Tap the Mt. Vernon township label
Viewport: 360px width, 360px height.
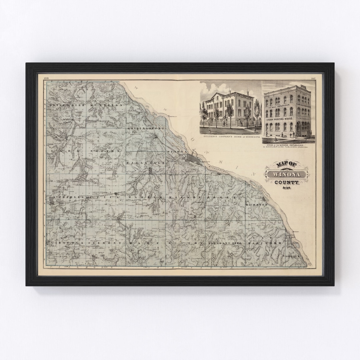point(107,105)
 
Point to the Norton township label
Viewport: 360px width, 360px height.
point(104,151)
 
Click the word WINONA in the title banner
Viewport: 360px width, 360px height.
point(287,174)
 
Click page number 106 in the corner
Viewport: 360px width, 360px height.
point(46,79)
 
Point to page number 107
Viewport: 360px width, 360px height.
point(313,79)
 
